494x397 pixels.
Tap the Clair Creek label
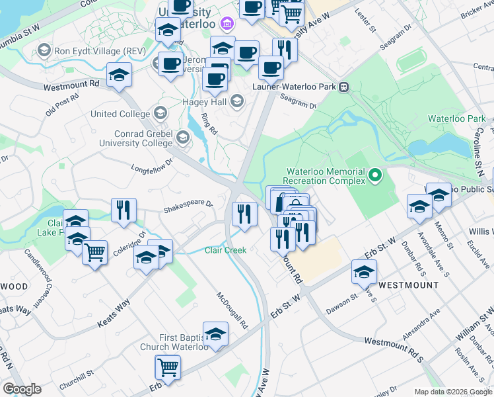tap(225, 250)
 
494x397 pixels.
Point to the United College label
tap(120, 114)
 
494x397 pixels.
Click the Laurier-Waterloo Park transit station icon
tap(343, 87)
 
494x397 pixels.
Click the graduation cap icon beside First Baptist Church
tap(215, 334)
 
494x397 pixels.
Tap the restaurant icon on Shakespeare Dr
tap(123, 210)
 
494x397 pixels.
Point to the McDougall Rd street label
tap(232, 311)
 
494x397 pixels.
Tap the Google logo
tap(22, 389)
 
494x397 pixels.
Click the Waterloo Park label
tap(447, 118)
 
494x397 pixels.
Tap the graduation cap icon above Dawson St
tap(363, 272)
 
